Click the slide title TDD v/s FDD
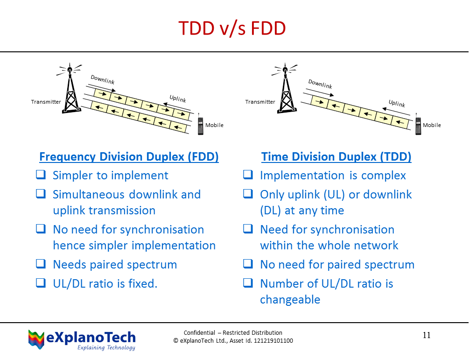[x=232, y=29]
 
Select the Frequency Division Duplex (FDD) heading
[x=129, y=156]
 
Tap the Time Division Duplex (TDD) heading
[x=336, y=156]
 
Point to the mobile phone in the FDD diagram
[x=200, y=125]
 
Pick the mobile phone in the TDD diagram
[x=418, y=125]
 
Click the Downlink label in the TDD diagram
[x=320, y=85]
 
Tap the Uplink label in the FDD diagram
[x=178, y=99]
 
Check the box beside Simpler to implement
[x=41, y=176]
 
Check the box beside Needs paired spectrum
[x=41, y=264]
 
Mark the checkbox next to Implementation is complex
[x=249, y=176]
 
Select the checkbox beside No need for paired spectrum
[x=249, y=264]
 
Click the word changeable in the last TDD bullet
[x=290, y=300]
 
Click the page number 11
[x=427, y=335]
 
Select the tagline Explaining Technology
[x=106, y=348]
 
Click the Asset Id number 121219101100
[x=269, y=341]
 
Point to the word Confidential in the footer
[x=199, y=333]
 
